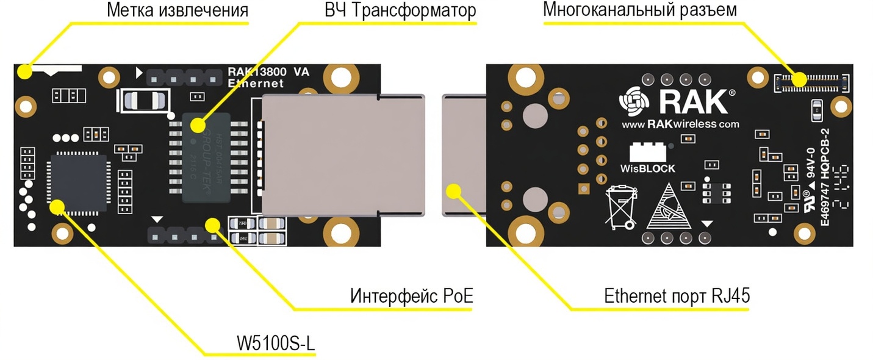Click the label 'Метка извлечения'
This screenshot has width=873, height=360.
(178, 10)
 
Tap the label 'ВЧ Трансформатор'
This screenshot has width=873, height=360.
(400, 10)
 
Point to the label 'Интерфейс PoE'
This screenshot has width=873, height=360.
(412, 297)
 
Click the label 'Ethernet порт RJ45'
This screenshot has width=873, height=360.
(677, 297)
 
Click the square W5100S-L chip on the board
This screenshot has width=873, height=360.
(77, 184)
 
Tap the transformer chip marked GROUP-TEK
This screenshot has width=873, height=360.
(206, 157)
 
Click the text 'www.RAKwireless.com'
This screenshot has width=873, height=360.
(680, 124)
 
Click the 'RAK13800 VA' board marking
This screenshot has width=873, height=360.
(268, 71)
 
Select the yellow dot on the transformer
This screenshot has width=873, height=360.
(197, 126)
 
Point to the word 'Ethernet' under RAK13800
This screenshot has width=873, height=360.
(256, 84)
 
